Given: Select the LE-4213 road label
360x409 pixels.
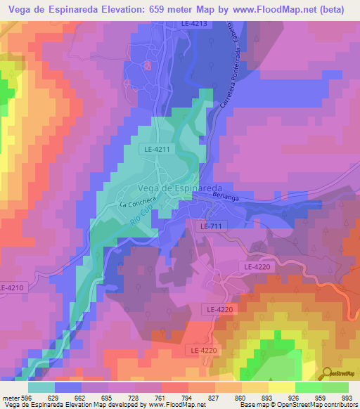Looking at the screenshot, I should pos(194,24).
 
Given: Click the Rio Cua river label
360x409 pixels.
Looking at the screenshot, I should pos(141,215).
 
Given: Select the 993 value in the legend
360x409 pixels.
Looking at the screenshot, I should pos(347,397).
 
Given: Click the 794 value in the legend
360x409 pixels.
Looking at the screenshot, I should pos(187,397).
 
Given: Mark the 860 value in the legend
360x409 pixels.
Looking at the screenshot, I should pos(240,397).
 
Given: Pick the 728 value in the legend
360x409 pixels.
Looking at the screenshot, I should pos(134,397).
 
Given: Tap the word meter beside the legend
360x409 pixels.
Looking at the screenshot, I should pos(10,397).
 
